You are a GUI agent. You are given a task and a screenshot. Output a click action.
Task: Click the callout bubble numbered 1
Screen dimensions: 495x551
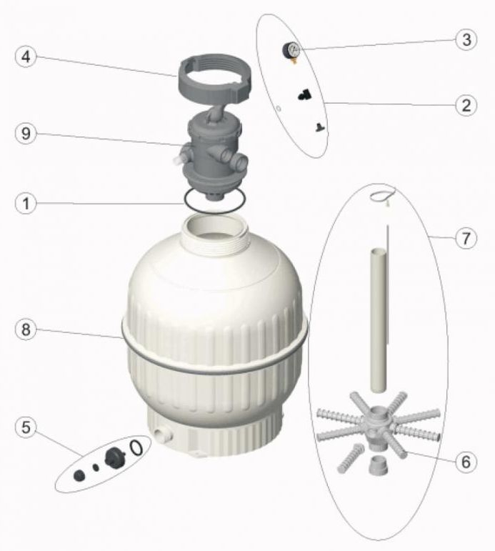pos(26,203)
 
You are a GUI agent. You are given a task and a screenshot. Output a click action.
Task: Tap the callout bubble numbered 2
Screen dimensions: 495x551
pos(466,105)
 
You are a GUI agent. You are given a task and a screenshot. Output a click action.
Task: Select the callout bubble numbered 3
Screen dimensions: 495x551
pos(466,39)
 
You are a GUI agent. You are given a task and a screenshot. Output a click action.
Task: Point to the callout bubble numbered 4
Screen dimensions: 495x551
pos(26,56)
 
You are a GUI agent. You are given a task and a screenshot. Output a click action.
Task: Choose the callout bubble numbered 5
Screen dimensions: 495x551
pos(26,427)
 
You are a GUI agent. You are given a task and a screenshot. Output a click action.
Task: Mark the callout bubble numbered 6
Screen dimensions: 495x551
pos(466,462)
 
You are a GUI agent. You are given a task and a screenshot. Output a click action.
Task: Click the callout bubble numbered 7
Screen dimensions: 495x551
pos(466,238)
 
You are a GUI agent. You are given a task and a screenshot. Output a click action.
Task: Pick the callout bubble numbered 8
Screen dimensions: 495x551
pos(26,329)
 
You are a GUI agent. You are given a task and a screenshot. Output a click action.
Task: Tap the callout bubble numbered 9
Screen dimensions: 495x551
pos(26,133)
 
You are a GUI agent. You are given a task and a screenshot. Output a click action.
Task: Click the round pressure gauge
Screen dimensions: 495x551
pos(291,50)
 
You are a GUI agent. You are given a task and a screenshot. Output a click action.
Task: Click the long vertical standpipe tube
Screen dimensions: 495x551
pos(379,319)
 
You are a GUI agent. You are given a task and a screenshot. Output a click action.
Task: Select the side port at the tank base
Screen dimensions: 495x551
pos(163,435)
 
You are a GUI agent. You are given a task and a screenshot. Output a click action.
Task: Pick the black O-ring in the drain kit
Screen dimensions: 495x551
pos(136,447)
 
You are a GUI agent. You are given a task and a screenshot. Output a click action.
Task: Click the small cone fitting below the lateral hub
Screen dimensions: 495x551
pos(379,467)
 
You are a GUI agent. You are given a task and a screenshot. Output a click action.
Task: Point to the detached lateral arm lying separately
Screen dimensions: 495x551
pos(351,458)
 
